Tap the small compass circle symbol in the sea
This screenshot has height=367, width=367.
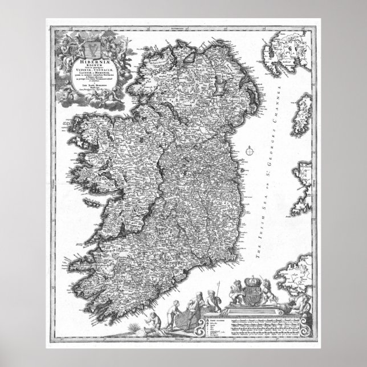click(250, 152)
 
